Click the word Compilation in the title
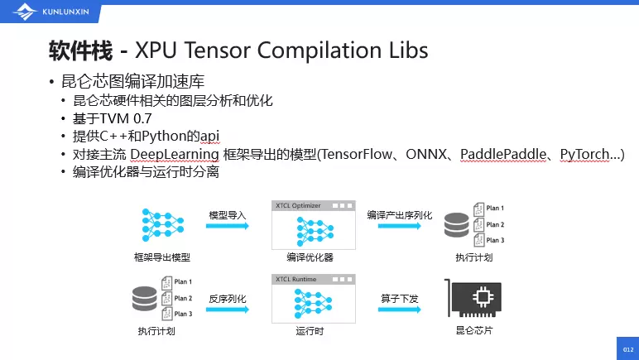click(316, 51)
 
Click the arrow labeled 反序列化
click(228, 311)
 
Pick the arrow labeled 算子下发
click(401, 311)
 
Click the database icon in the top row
click(455, 224)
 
